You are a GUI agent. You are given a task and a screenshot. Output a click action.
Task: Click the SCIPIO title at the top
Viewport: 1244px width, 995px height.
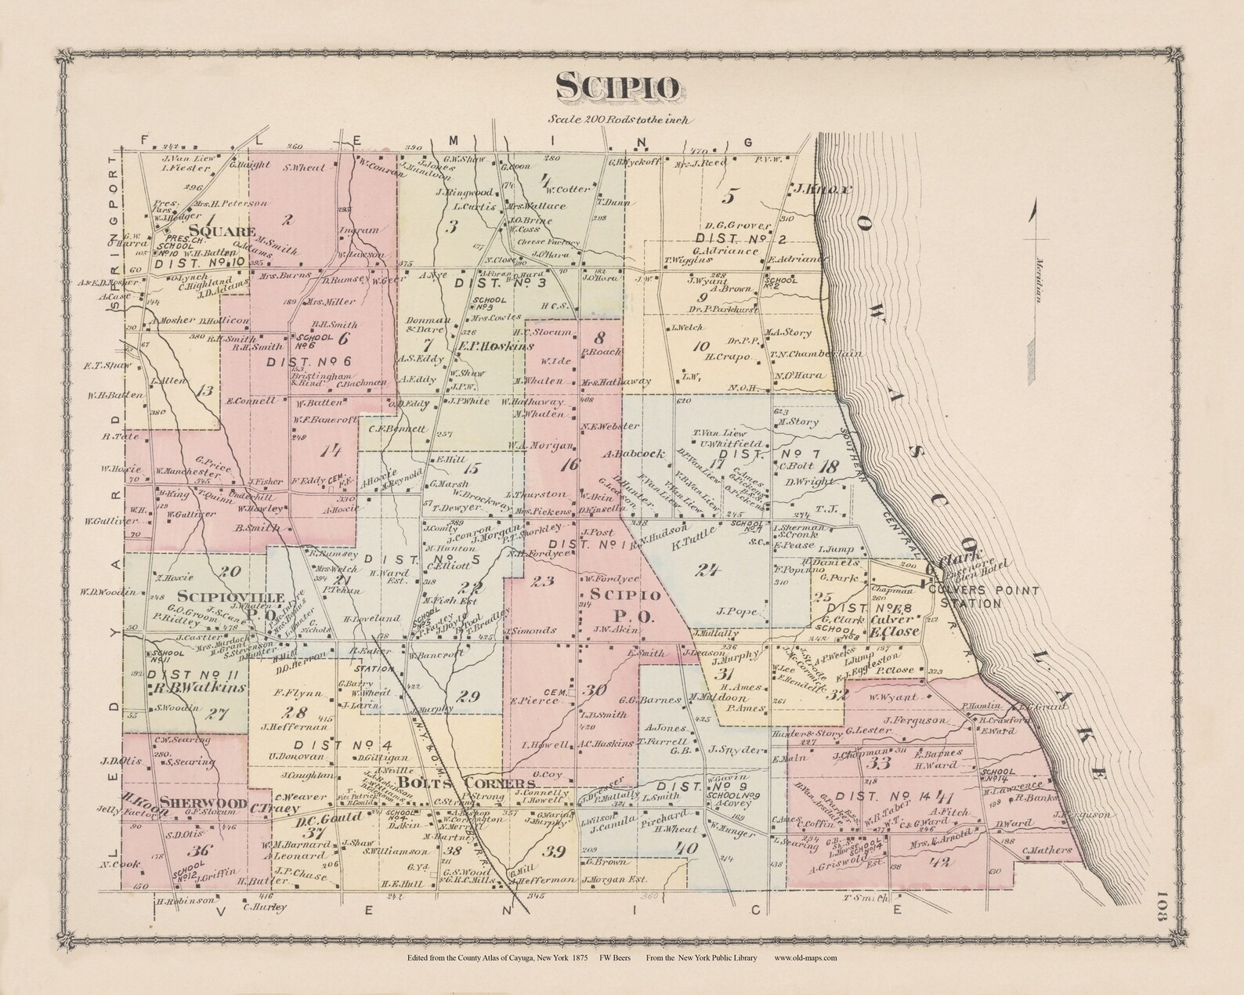tap(618, 86)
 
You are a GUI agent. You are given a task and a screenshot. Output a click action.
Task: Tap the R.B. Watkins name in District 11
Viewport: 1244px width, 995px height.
tap(198, 687)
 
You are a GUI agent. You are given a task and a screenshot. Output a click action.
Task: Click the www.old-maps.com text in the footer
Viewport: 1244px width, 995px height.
tap(805, 957)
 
